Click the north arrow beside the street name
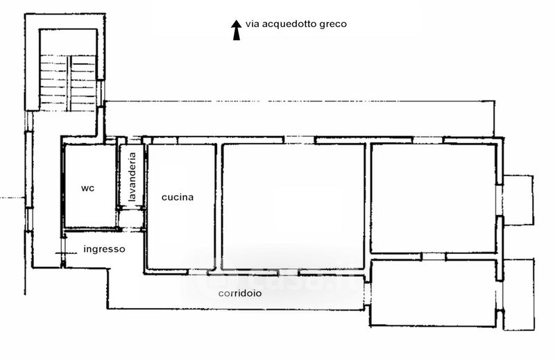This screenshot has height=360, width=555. click(x=236, y=30)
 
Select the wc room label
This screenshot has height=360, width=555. click(x=88, y=188)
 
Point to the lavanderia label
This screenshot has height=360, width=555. click(x=132, y=177)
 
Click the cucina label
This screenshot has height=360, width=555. click(x=178, y=197)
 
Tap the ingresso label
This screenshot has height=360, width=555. click(x=105, y=249)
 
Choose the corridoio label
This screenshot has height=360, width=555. click(x=240, y=293)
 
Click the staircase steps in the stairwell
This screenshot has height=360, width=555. click(x=67, y=83)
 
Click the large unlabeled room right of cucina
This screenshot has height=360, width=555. click(x=293, y=206)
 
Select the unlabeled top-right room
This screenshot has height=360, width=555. click(x=434, y=198)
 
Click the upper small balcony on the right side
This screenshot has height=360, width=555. click(x=518, y=200)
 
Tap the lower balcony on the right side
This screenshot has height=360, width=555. click(x=518, y=295)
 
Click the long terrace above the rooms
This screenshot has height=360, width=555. click(x=300, y=119)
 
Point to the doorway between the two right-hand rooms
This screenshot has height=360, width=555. click(x=434, y=257)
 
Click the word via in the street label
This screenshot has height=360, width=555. click(x=250, y=24)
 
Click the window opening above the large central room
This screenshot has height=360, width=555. click(x=299, y=140)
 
